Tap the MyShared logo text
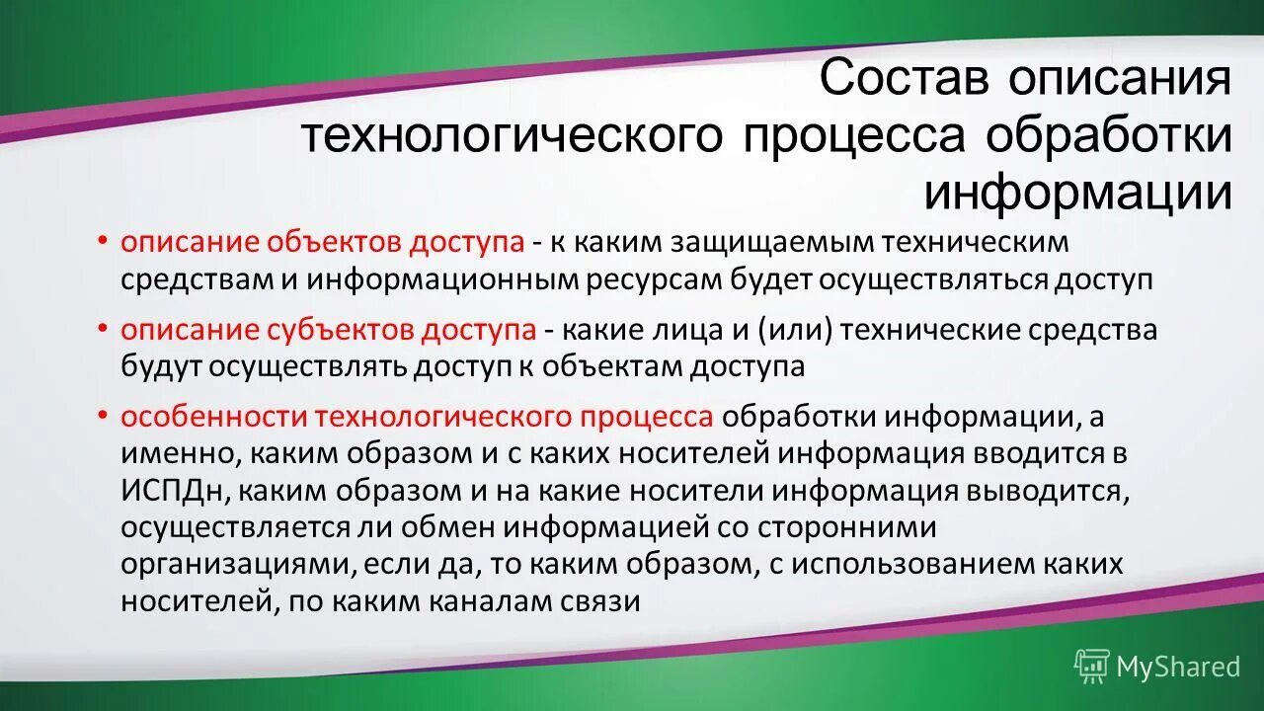tap(1177, 667)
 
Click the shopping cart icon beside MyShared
tap(1091, 667)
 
